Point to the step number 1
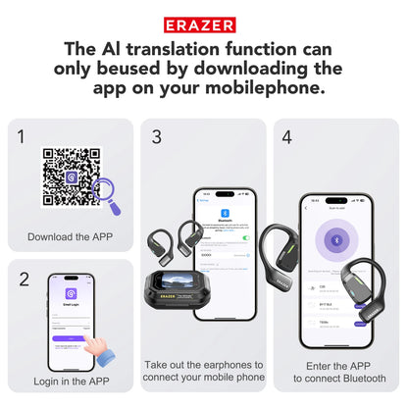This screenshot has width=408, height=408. point(22,136)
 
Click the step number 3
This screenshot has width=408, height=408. point(156,136)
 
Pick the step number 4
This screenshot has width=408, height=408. point(287,136)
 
